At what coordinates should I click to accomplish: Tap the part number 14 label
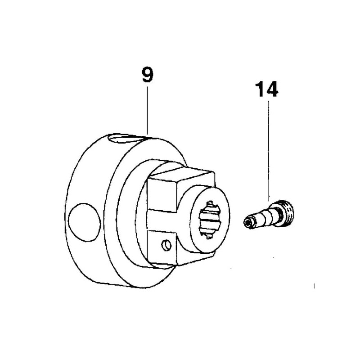(266, 89)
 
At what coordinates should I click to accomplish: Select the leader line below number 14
(268, 151)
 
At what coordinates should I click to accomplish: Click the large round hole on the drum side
(84, 222)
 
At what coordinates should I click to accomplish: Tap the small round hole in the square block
(166, 245)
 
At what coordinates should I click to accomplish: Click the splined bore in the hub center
(210, 220)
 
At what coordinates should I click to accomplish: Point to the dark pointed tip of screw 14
(248, 222)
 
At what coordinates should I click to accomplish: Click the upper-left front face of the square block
(162, 195)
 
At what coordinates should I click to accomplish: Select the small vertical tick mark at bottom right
(315, 286)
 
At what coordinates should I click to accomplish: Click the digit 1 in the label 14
(260, 89)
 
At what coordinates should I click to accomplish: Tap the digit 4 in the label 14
(272, 89)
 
